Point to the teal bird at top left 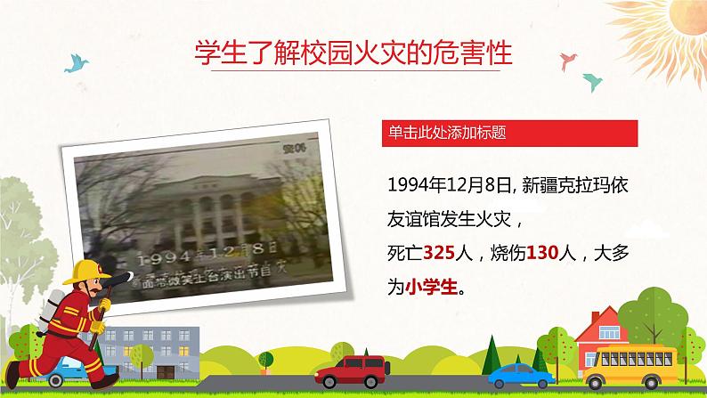tap(77, 61)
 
